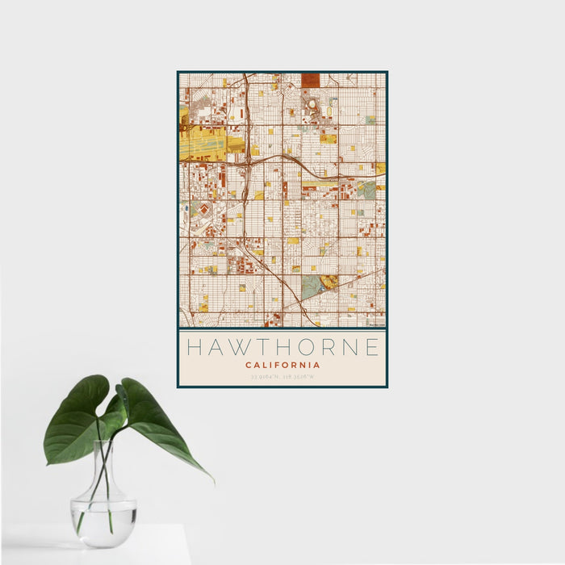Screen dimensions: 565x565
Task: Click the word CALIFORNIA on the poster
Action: pyautogui.click(x=282, y=365)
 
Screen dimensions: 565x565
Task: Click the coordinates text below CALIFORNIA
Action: pyautogui.click(x=282, y=376)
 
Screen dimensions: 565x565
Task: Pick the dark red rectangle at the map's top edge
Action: pyautogui.click(x=311, y=79)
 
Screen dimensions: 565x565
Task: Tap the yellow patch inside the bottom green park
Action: pyautogui.click(x=329, y=282)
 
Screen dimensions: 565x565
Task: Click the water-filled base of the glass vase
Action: pyautogui.click(x=103, y=521)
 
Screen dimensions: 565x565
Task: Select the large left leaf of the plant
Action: pyautogui.click(x=74, y=424)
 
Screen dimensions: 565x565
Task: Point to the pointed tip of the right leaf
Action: pyautogui.click(x=212, y=481)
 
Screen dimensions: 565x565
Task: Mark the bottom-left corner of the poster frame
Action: pyautogui.click(x=178, y=387)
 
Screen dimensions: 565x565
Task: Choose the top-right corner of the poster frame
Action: pyautogui.click(x=387, y=72)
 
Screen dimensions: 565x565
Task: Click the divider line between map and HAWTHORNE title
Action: pyautogui.click(x=282, y=329)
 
